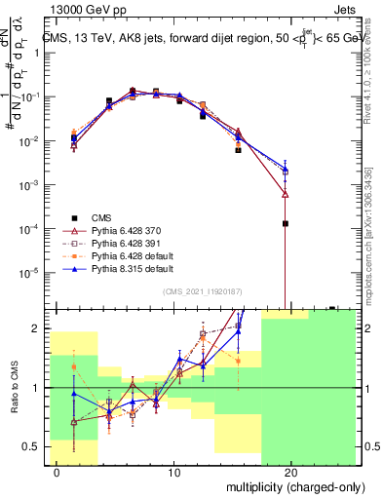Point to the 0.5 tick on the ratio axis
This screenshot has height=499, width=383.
tap(32, 446)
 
